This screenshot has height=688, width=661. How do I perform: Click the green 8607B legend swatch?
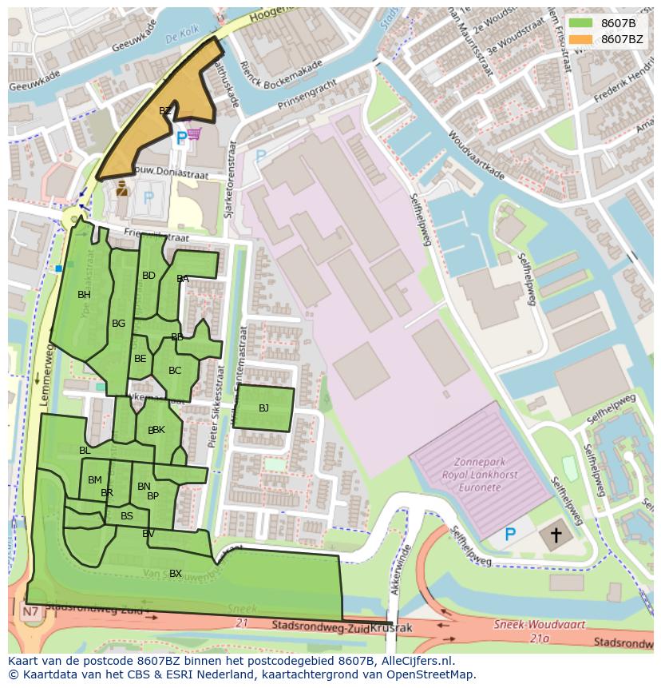[580, 22]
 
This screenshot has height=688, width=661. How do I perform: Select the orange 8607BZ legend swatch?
[580, 39]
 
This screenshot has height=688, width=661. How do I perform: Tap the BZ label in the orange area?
[164, 111]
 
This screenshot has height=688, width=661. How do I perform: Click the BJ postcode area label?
[263, 408]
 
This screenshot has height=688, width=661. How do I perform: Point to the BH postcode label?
[84, 295]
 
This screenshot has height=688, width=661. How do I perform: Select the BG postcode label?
[118, 324]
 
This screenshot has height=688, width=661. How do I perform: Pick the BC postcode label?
[175, 370]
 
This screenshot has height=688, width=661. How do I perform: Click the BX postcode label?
[175, 573]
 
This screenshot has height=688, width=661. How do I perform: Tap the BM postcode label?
[95, 480]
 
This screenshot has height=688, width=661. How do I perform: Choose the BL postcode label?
[85, 451]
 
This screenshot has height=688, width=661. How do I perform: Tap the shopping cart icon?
[194, 134]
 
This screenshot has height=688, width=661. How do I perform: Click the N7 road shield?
[31, 613]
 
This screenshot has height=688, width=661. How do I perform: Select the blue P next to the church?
[510, 534]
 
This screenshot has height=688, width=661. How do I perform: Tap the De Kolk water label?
[180, 38]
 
